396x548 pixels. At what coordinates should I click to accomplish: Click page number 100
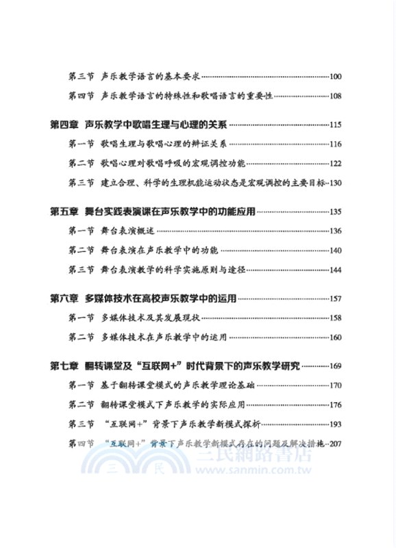tap(335, 77)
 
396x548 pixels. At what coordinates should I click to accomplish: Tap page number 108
tap(335, 96)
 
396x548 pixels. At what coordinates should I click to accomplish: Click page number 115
tap(335, 125)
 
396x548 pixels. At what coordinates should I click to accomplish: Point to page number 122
tap(335, 164)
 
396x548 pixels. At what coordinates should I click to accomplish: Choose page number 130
tap(335, 183)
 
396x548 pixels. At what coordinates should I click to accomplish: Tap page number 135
tap(335, 212)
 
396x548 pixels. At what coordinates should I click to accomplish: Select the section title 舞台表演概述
tap(130, 231)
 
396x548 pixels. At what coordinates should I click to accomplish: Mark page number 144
tap(335, 270)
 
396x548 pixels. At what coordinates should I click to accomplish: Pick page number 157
tap(335, 299)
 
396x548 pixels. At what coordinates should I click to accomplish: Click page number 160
tap(335, 337)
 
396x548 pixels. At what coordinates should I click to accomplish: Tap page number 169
tap(335, 366)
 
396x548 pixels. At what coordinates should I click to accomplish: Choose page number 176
tap(335, 404)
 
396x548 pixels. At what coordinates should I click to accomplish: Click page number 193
tap(335, 424)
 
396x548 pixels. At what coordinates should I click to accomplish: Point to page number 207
tap(335, 443)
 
